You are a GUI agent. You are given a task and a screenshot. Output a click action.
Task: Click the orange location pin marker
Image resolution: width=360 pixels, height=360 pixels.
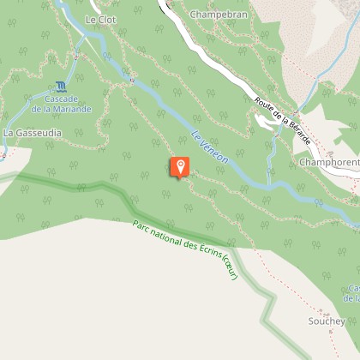[x=180, y=166]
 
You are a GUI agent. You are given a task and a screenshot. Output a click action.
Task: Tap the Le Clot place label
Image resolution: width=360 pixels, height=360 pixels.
[x=100, y=18]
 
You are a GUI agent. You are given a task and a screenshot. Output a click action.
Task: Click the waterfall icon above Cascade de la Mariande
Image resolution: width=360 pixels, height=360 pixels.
[x=60, y=87]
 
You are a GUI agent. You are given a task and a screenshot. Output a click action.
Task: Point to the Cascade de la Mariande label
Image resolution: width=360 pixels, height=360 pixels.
[x=61, y=104]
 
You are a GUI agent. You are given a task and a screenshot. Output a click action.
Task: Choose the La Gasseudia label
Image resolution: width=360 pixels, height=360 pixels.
[x=33, y=134]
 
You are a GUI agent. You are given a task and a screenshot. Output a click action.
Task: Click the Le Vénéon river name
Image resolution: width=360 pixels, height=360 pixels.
[x=209, y=148]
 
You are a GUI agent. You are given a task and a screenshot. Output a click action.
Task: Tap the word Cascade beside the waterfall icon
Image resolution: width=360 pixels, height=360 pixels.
[x=61, y=99]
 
